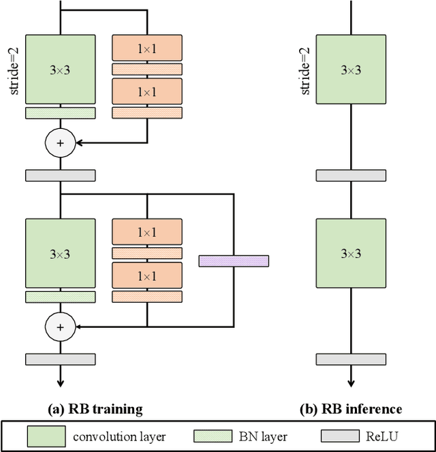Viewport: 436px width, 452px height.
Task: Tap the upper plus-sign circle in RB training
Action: pyautogui.click(x=61, y=143)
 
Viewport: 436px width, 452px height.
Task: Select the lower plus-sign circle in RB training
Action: pyautogui.click(x=61, y=327)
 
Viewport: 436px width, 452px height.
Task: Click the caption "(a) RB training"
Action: pyautogui.click(x=95, y=409)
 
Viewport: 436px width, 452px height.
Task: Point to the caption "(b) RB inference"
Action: pyautogui.click(x=351, y=409)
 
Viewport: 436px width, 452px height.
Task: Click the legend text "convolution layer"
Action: pyautogui.click(x=120, y=437)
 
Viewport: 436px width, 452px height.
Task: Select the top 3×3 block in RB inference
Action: pyautogui.click(x=351, y=70)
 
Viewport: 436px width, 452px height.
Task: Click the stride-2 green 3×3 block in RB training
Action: pyautogui.click(x=61, y=70)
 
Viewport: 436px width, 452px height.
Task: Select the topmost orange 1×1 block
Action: pyautogui.click(x=147, y=48)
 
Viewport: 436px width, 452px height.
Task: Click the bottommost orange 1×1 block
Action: pyautogui.click(x=147, y=275)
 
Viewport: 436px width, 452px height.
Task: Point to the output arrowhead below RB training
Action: pyautogui.click(x=61, y=383)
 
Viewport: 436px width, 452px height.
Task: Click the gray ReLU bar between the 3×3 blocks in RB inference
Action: pyautogui.click(x=351, y=175)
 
